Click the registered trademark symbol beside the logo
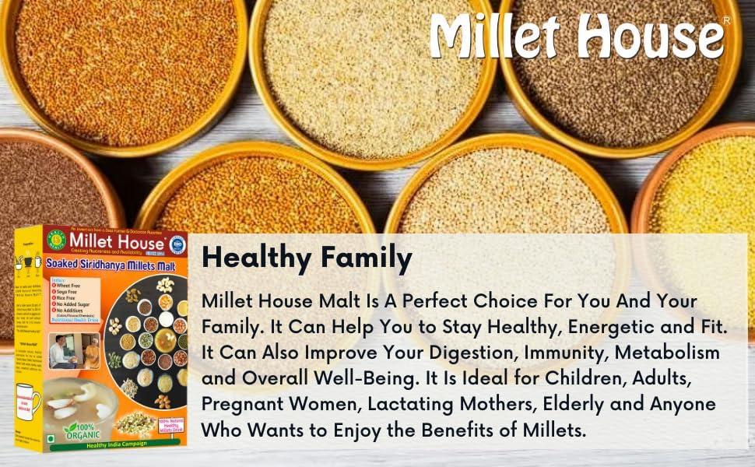726,19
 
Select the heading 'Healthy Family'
306,258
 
